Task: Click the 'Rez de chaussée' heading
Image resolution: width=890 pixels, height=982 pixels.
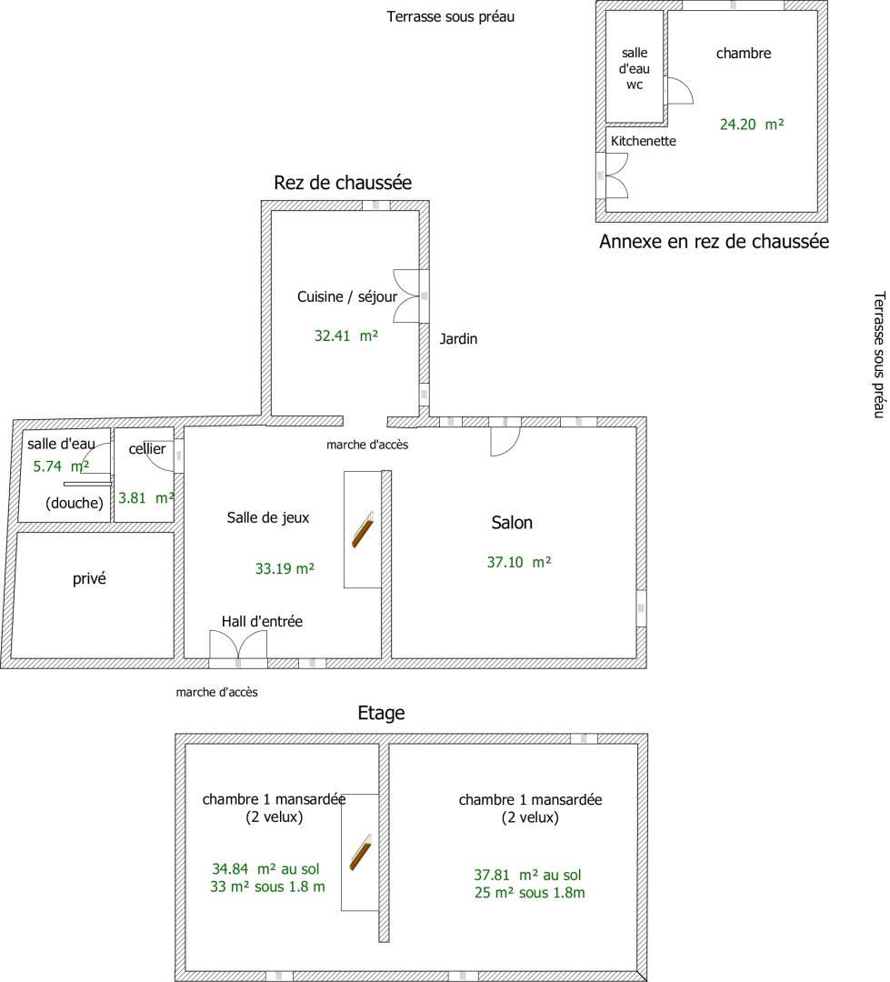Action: point(343,183)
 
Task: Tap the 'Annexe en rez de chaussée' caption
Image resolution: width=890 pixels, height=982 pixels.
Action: point(714,242)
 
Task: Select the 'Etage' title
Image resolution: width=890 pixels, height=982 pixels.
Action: point(381,714)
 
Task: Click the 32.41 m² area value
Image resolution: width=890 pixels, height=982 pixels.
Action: point(345,336)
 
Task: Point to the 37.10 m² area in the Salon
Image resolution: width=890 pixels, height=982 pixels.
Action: point(518,563)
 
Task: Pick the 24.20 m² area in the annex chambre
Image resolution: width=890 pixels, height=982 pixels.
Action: point(752,125)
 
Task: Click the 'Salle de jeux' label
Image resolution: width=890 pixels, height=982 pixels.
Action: point(268,518)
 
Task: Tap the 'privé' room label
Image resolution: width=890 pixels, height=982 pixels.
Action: point(89,578)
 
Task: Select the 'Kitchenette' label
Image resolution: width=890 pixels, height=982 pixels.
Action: point(644,141)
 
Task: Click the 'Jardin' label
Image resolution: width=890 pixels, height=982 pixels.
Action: point(458,339)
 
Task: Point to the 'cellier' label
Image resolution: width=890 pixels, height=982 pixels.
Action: point(147,449)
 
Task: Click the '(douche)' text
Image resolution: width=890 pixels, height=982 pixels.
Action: point(75,503)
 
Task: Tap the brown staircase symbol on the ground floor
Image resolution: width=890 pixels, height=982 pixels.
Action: point(362,529)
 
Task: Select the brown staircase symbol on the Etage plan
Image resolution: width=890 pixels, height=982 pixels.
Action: point(360,852)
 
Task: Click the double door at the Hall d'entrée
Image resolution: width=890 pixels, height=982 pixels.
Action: point(238,645)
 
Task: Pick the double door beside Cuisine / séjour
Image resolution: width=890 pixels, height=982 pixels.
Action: point(406,296)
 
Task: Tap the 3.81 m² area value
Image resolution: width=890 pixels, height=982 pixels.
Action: point(146,498)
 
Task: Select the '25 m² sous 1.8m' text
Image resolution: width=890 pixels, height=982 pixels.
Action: point(529,893)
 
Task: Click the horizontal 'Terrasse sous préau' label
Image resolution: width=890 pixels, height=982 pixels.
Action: point(450,17)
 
